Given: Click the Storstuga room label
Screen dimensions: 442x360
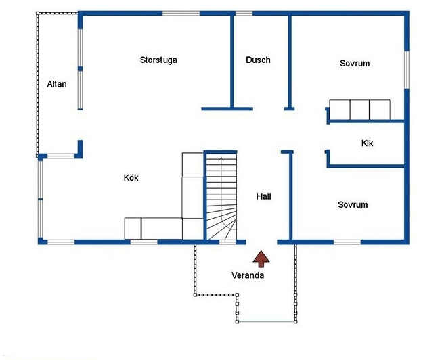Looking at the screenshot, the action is click(158, 60).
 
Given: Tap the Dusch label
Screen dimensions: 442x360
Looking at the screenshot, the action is click(258, 60).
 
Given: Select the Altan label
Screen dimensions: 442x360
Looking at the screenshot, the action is click(57, 84).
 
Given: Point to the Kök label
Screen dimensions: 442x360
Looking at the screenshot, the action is click(131, 177).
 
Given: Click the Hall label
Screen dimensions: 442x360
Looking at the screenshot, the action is click(263, 196).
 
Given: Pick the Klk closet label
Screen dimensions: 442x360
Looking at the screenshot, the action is click(367, 143).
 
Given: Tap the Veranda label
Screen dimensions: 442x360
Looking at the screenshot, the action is click(248, 275).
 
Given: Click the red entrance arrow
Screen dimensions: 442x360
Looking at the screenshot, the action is click(261, 258).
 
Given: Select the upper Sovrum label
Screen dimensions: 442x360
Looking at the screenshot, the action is click(355, 63).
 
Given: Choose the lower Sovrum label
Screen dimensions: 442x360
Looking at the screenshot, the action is click(353, 204).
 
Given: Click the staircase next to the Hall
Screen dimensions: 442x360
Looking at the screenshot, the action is click(221, 196).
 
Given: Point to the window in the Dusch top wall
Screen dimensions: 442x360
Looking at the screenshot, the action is click(244, 14).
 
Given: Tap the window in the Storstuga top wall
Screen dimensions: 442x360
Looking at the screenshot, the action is click(181, 14).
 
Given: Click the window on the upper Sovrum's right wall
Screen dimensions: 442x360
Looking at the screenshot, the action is click(407, 70).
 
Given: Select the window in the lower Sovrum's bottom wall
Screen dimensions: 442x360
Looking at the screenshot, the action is click(347, 242).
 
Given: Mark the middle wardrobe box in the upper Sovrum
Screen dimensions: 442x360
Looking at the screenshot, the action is click(359, 110).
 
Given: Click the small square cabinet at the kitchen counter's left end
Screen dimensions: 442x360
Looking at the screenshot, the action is click(133, 228).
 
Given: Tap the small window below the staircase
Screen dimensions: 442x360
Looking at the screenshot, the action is click(227, 242).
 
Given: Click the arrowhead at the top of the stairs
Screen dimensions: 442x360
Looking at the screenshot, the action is click(221, 158).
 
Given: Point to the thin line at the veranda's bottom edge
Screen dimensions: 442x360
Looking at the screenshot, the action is click(266, 321).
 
